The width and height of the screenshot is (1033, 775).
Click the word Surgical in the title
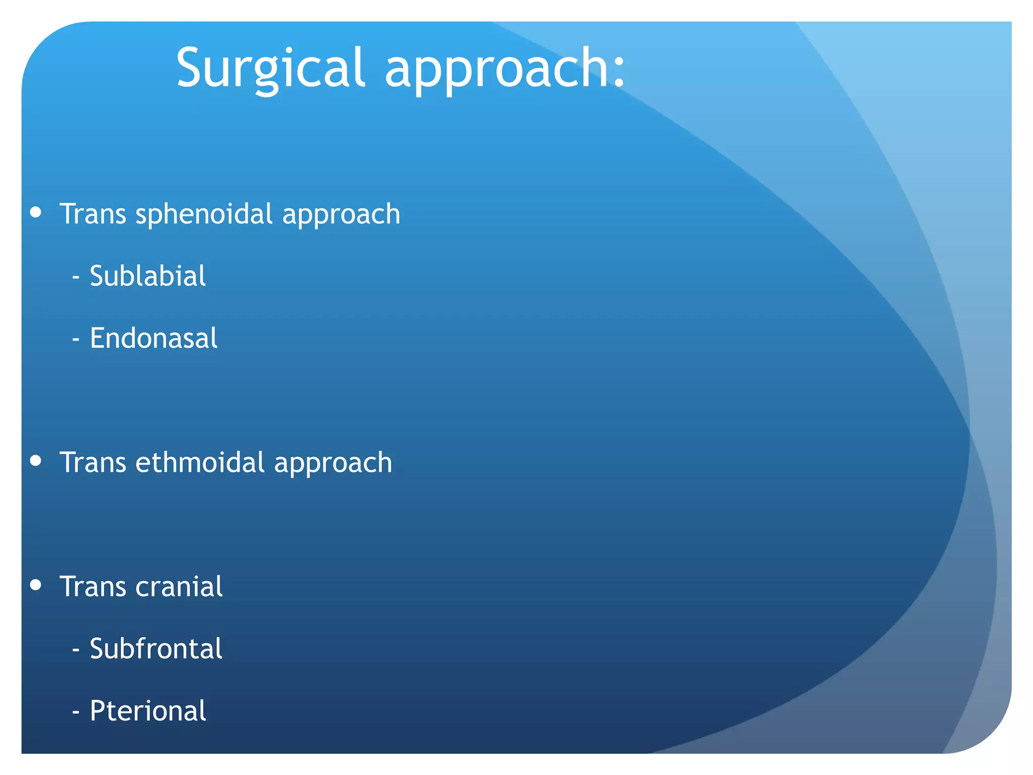(x=270, y=68)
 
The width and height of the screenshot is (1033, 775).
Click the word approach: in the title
(x=497, y=71)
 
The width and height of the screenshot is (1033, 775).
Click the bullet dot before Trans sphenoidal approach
(x=35, y=212)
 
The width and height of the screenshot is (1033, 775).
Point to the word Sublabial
(x=148, y=276)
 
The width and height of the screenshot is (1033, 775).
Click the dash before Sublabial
(x=76, y=278)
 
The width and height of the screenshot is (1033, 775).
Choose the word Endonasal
(x=153, y=338)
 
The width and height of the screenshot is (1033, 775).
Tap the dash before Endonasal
(x=76, y=340)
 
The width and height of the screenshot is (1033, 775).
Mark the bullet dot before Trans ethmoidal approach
(x=35, y=460)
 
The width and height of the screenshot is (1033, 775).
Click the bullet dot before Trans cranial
(x=35, y=584)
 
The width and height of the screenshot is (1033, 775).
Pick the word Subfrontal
(x=156, y=649)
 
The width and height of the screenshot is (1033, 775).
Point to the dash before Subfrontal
(x=76, y=650)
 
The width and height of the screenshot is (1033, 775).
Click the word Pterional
(x=148, y=711)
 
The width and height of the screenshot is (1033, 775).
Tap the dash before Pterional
(x=76, y=712)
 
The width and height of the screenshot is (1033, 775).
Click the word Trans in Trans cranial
(x=93, y=587)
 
